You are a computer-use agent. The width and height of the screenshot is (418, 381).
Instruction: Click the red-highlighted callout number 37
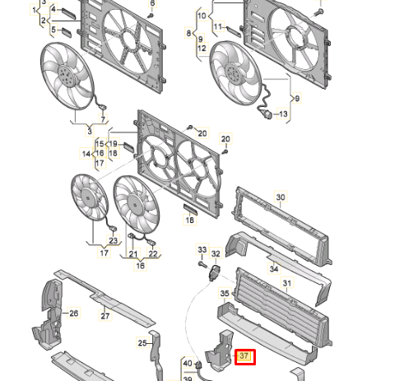point(244,356)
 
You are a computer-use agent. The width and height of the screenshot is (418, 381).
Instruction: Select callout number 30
point(281,197)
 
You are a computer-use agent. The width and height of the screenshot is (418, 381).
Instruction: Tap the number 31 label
point(287,283)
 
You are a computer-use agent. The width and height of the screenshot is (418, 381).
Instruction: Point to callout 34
point(273,268)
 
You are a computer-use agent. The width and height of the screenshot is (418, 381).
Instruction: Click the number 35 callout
point(225,293)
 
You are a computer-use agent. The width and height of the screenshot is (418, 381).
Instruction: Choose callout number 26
point(73,314)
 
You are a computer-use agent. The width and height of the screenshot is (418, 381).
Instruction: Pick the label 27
point(105,316)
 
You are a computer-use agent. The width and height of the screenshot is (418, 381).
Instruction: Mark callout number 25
point(142,343)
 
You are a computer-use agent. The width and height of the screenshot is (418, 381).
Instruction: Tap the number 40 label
point(188,363)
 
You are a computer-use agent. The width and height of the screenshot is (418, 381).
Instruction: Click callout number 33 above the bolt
point(202,249)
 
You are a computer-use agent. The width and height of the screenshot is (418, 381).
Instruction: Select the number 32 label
point(216,254)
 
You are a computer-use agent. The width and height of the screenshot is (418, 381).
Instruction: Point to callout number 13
point(283,114)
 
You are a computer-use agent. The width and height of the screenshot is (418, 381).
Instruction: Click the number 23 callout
point(114,240)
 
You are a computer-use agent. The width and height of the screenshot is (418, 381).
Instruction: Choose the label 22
point(153,254)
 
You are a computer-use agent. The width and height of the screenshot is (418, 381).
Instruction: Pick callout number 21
point(132,254)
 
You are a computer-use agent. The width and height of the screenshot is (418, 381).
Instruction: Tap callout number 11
point(218,27)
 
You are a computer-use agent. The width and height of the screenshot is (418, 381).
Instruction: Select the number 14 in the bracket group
point(85,153)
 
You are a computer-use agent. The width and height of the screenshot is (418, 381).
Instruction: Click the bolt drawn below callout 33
point(202,265)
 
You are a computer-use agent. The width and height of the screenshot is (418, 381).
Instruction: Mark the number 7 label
point(104,119)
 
